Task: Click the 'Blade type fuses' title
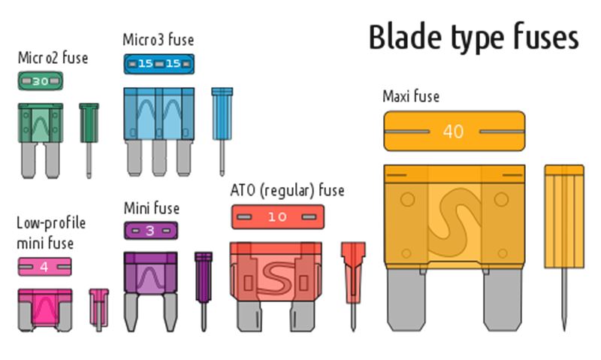pyautogui.click(x=474, y=37)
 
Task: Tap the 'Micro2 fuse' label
pyautogui.click(x=53, y=58)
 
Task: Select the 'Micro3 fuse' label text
pyautogui.click(x=159, y=40)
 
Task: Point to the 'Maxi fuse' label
pyautogui.click(x=411, y=96)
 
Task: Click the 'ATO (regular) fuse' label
pyautogui.click(x=287, y=191)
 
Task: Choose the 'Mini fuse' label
pyautogui.click(x=152, y=208)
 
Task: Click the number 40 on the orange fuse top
pyautogui.click(x=454, y=132)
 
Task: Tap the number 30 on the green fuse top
pyautogui.click(x=41, y=81)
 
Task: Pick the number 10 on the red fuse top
pyautogui.click(x=277, y=217)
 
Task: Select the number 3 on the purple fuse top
pyautogui.click(x=150, y=231)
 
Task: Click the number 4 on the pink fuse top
pyautogui.click(x=44, y=267)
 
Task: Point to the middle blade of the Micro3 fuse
pyautogui.click(x=159, y=158)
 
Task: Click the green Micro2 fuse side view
pyautogui.click(x=89, y=141)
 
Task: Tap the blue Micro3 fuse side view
pyautogui.click(x=222, y=131)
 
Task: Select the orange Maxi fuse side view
pyautogui.click(x=564, y=247)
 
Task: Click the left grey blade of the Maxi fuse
pyautogui.click(x=406, y=298)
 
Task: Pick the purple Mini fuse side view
pyautogui.click(x=204, y=291)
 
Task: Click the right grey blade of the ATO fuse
pyautogui.click(x=302, y=315)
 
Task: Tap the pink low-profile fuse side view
pyautogui.click(x=99, y=310)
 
